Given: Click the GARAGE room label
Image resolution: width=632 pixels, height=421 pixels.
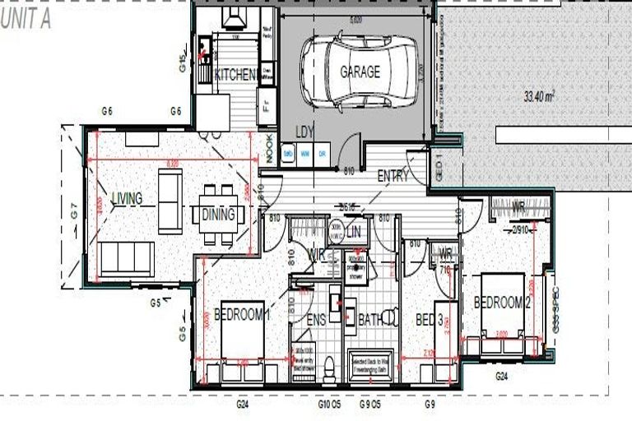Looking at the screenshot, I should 360,72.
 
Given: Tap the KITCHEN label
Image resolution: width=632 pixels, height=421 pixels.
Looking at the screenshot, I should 236,75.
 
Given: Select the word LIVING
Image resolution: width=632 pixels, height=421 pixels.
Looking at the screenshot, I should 127,198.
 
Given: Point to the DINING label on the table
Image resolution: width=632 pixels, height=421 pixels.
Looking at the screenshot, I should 218,215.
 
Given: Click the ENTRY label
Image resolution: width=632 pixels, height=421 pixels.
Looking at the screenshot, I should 393,176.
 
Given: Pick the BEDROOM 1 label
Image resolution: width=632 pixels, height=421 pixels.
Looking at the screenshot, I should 242,314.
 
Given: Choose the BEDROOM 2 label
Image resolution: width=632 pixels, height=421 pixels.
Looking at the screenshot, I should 500,303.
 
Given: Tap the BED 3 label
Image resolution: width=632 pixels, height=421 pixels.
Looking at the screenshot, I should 430,319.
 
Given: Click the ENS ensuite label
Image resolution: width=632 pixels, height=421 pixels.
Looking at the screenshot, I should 317,320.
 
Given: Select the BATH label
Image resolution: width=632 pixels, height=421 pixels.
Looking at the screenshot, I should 369,320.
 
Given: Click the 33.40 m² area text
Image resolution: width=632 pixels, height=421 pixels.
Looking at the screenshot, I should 539,96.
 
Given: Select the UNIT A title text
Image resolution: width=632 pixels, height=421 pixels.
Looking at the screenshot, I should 26,21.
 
